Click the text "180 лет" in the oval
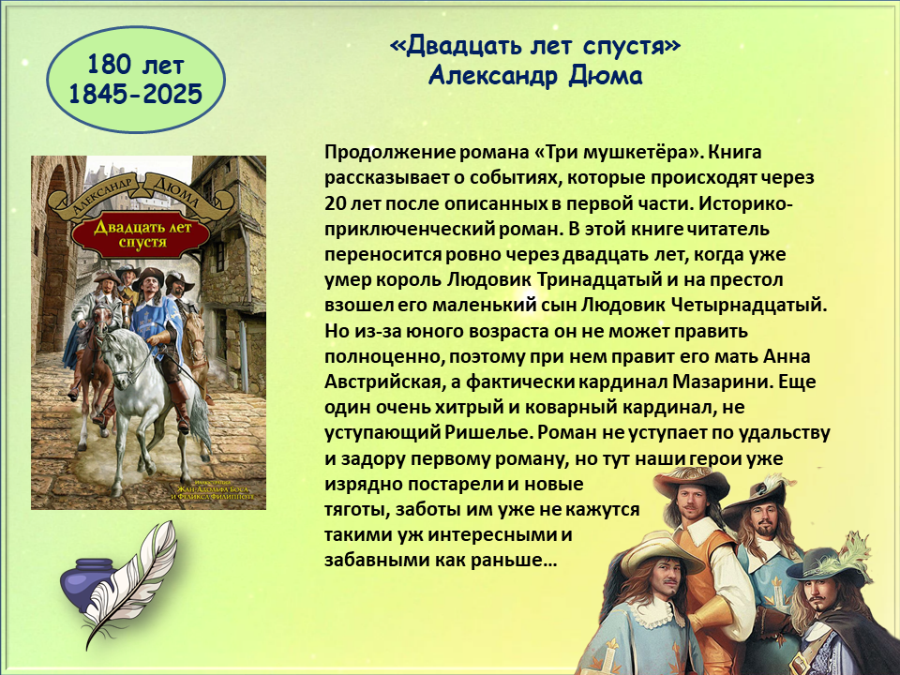135,65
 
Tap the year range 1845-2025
135,94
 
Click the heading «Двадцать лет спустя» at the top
534,46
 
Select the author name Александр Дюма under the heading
534,75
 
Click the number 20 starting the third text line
335,204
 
